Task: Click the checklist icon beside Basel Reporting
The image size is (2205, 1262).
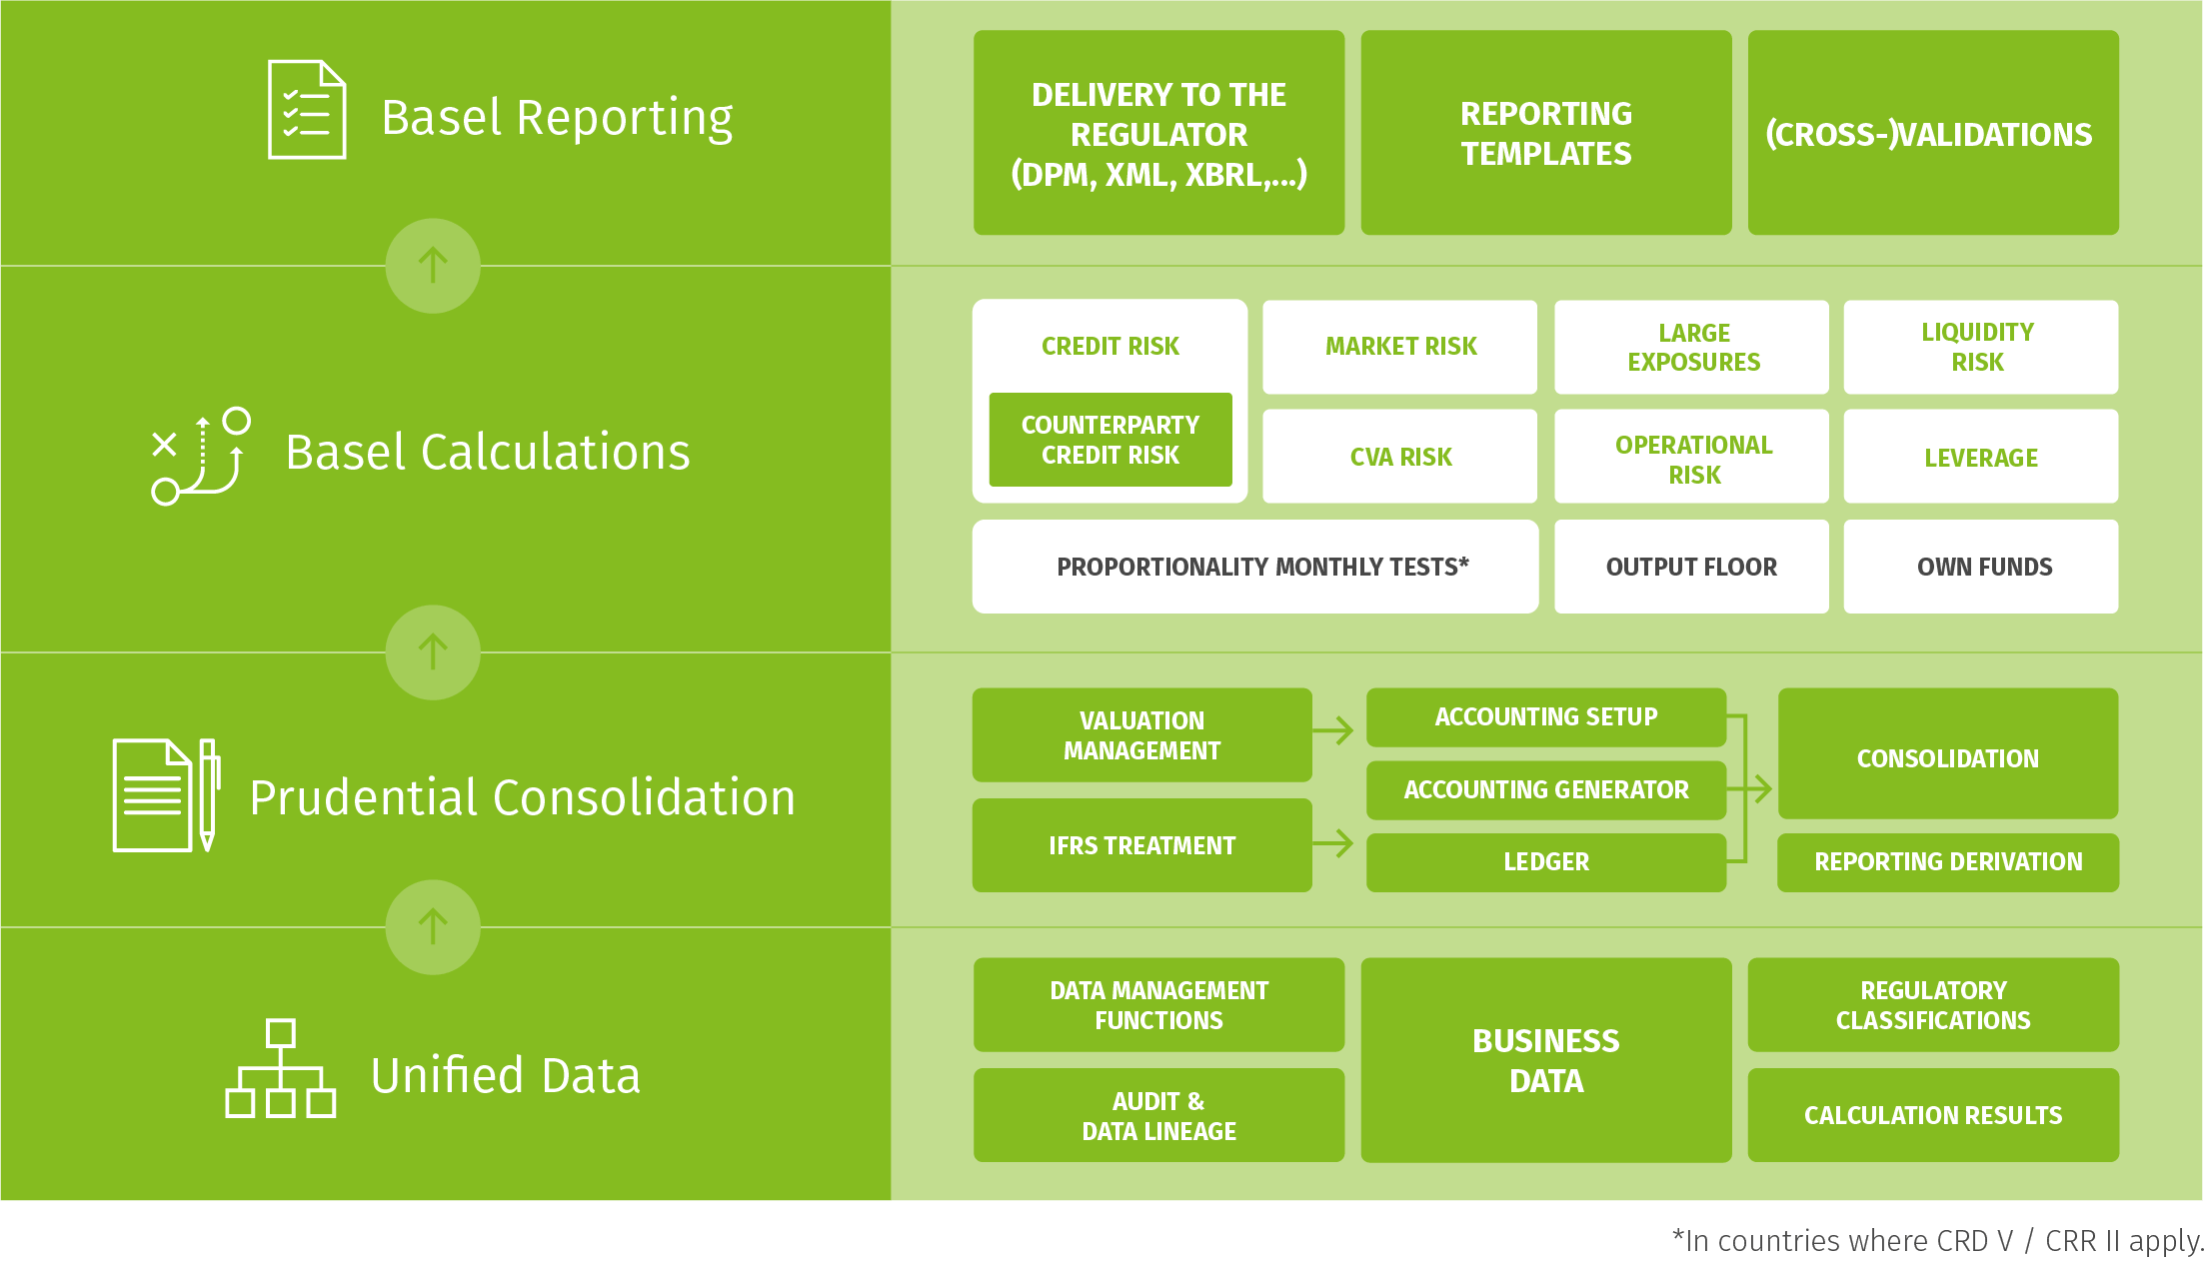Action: pyautogui.click(x=307, y=110)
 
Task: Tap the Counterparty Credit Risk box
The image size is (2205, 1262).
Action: pyautogui.click(x=1109, y=440)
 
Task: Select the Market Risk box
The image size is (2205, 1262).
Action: pyautogui.click(x=1399, y=347)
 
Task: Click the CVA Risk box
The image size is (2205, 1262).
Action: pyautogui.click(x=1399, y=457)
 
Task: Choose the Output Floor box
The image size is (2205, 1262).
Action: pyautogui.click(x=1691, y=567)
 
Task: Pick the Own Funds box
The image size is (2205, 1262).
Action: pyautogui.click(x=1980, y=567)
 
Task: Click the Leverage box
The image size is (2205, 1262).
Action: pyautogui.click(x=1980, y=457)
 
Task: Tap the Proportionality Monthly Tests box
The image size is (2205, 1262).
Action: pyautogui.click(x=1255, y=567)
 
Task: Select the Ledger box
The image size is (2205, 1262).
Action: pyautogui.click(x=1545, y=861)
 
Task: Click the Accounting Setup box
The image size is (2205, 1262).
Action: pyautogui.click(x=1545, y=716)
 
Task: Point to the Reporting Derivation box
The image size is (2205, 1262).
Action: pyautogui.click(x=1947, y=861)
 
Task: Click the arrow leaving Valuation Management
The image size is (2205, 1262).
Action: pyautogui.click(x=1334, y=730)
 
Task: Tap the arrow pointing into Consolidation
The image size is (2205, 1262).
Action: pyautogui.click(x=1759, y=789)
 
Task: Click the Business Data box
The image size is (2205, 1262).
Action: pyautogui.click(x=1545, y=1060)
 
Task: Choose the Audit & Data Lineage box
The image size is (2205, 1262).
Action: pyautogui.click(x=1158, y=1115)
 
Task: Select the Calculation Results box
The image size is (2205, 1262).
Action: pyautogui.click(x=1932, y=1115)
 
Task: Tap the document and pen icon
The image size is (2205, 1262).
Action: pyautogui.click(x=166, y=795)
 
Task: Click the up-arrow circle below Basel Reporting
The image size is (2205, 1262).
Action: pyautogui.click(x=433, y=266)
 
